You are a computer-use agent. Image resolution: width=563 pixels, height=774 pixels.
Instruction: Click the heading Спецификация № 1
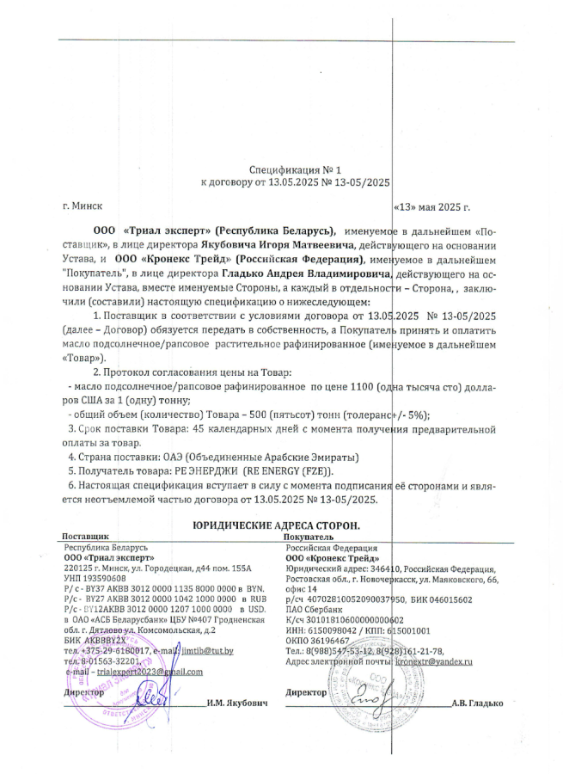[x=295, y=169]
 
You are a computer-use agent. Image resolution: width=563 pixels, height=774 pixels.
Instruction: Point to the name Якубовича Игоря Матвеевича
[x=294, y=244]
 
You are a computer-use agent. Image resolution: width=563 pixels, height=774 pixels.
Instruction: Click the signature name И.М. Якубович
[x=236, y=703]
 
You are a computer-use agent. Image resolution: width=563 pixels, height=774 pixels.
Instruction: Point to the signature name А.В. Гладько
[x=477, y=703]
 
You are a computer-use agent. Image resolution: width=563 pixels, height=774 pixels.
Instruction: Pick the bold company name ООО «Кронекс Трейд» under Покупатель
[x=327, y=558]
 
